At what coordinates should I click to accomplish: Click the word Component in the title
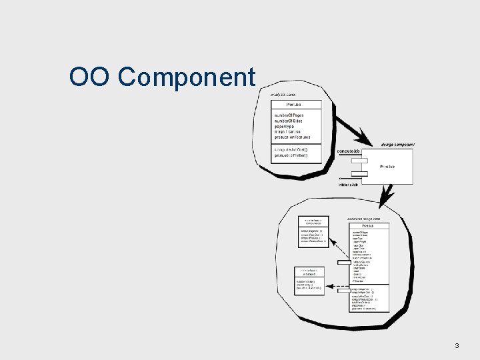click(x=187, y=78)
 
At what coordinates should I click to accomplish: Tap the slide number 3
click(x=457, y=345)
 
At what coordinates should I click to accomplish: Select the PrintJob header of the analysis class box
click(x=294, y=105)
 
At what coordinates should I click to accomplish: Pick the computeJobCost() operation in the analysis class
click(x=291, y=149)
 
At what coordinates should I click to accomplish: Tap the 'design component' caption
click(x=398, y=145)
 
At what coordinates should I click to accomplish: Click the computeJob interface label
click(x=349, y=151)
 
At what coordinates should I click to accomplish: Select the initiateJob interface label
click(x=349, y=185)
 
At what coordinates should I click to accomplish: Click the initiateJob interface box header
click(x=309, y=271)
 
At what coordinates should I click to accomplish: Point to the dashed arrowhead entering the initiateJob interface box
click(x=327, y=285)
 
